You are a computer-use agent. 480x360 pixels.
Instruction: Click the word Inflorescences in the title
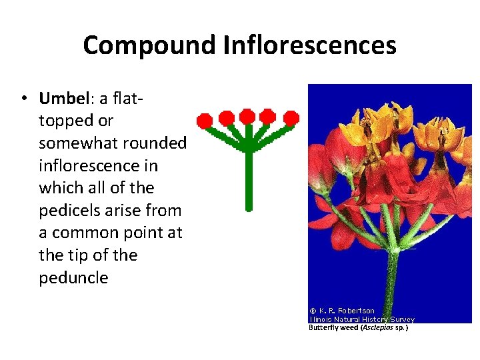(309, 45)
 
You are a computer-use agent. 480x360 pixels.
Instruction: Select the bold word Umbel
(63, 99)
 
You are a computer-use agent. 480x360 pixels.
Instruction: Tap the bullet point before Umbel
(24, 99)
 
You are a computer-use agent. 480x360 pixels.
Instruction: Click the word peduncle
(73, 278)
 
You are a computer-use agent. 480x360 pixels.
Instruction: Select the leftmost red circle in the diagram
(205, 121)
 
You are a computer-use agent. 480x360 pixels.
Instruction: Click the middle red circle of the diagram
(247, 116)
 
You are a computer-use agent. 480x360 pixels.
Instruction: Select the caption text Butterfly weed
(333, 327)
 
